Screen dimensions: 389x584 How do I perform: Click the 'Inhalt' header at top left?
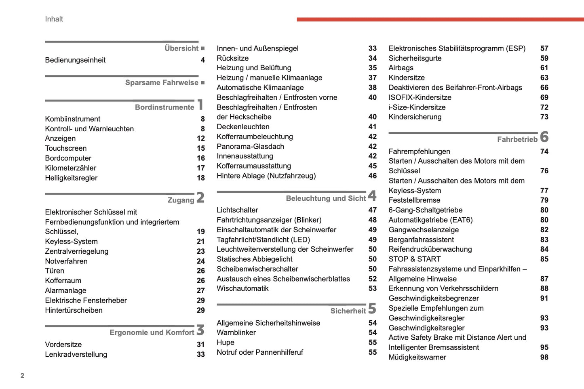(54, 19)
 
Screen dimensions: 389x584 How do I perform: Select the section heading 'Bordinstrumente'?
(164, 107)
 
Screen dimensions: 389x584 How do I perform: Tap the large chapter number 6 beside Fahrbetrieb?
(544, 137)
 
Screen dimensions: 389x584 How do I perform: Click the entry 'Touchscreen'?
(65, 148)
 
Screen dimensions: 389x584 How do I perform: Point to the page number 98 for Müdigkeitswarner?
(544, 357)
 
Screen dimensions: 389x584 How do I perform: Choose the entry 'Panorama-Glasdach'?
(250, 146)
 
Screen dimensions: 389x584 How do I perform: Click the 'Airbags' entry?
(401, 68)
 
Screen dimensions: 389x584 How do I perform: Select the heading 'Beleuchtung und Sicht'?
(325, 198)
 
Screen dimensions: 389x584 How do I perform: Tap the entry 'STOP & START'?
(414, 259)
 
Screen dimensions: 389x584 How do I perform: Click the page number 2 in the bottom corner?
(22, 376)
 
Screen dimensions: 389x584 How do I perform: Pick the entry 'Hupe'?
(225, 342)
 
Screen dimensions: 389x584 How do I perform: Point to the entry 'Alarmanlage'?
(65, 290)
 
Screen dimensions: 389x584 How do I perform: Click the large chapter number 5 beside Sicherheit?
(372, 309)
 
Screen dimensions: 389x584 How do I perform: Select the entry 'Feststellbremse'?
(414, 200)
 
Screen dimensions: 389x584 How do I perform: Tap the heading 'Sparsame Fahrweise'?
(162, 82)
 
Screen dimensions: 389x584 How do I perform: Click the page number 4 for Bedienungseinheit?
(202, 60)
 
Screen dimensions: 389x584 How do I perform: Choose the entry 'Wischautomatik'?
(242, 288)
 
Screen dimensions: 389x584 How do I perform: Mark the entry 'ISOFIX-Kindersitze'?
(420, 97)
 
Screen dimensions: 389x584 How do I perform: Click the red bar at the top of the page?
(440, 19)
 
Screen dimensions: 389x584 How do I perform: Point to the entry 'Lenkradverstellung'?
(76, 354)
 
